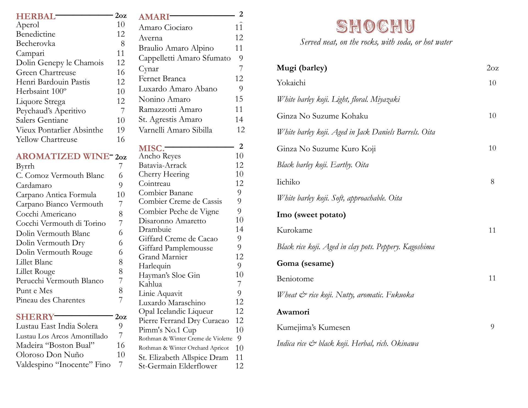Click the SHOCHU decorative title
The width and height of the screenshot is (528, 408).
[376, 26]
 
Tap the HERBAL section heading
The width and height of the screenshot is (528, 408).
[36, 16]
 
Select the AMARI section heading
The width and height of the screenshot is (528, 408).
[154, 17]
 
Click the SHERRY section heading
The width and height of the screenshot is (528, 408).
[35, 317]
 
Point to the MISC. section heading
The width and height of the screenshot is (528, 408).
[152, 148]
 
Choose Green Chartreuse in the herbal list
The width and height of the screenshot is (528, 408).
[46, 73]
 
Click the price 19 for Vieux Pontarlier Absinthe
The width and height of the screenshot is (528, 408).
[121, 130]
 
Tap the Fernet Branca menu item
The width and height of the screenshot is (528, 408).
[162, 79]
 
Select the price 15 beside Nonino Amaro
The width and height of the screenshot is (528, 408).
[239, 99]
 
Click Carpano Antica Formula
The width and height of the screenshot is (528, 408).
[56, 195]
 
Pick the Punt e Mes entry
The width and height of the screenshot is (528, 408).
[34, 291]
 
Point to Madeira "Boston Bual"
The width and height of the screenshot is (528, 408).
[55, 345]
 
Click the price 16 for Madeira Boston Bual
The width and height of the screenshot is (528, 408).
[121, 345]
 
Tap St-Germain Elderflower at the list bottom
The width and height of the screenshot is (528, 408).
[178, 366]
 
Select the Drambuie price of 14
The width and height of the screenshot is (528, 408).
[239, 229]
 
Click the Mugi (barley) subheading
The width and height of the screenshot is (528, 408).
[302, 68]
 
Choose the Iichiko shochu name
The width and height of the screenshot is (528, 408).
[288, 182]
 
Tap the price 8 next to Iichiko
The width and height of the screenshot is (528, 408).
[492, 182]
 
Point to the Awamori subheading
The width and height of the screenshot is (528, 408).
[293, 312]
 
